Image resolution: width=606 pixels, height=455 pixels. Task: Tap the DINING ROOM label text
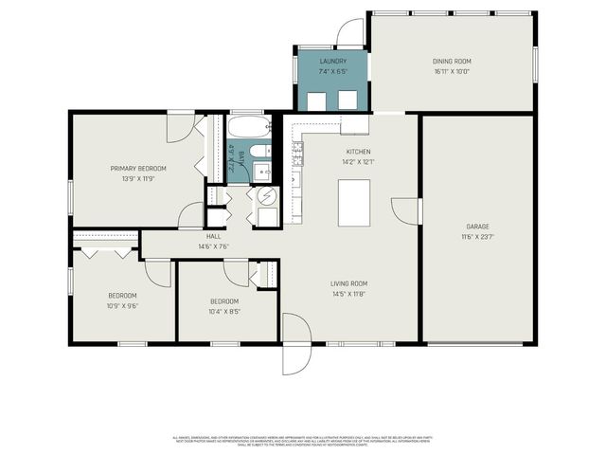click(452, 61)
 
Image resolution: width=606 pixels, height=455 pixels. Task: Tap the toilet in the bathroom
click(261, 150)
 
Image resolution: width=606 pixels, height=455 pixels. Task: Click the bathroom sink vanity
click(262, 172)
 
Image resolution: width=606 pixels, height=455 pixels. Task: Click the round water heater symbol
click(267, 196)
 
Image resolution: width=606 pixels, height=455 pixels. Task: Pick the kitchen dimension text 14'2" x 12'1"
click(358, 162)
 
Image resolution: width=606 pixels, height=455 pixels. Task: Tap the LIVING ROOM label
click(348, 283)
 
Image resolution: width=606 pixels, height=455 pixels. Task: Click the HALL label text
click(213, 237)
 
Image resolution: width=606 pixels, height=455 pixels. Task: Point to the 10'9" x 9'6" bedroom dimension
click(122, 305)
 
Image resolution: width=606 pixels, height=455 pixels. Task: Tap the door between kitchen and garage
click(407, 210)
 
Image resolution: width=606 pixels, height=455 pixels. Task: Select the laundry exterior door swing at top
click(349, 33)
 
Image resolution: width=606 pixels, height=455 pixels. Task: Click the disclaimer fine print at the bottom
click(302, 441)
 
